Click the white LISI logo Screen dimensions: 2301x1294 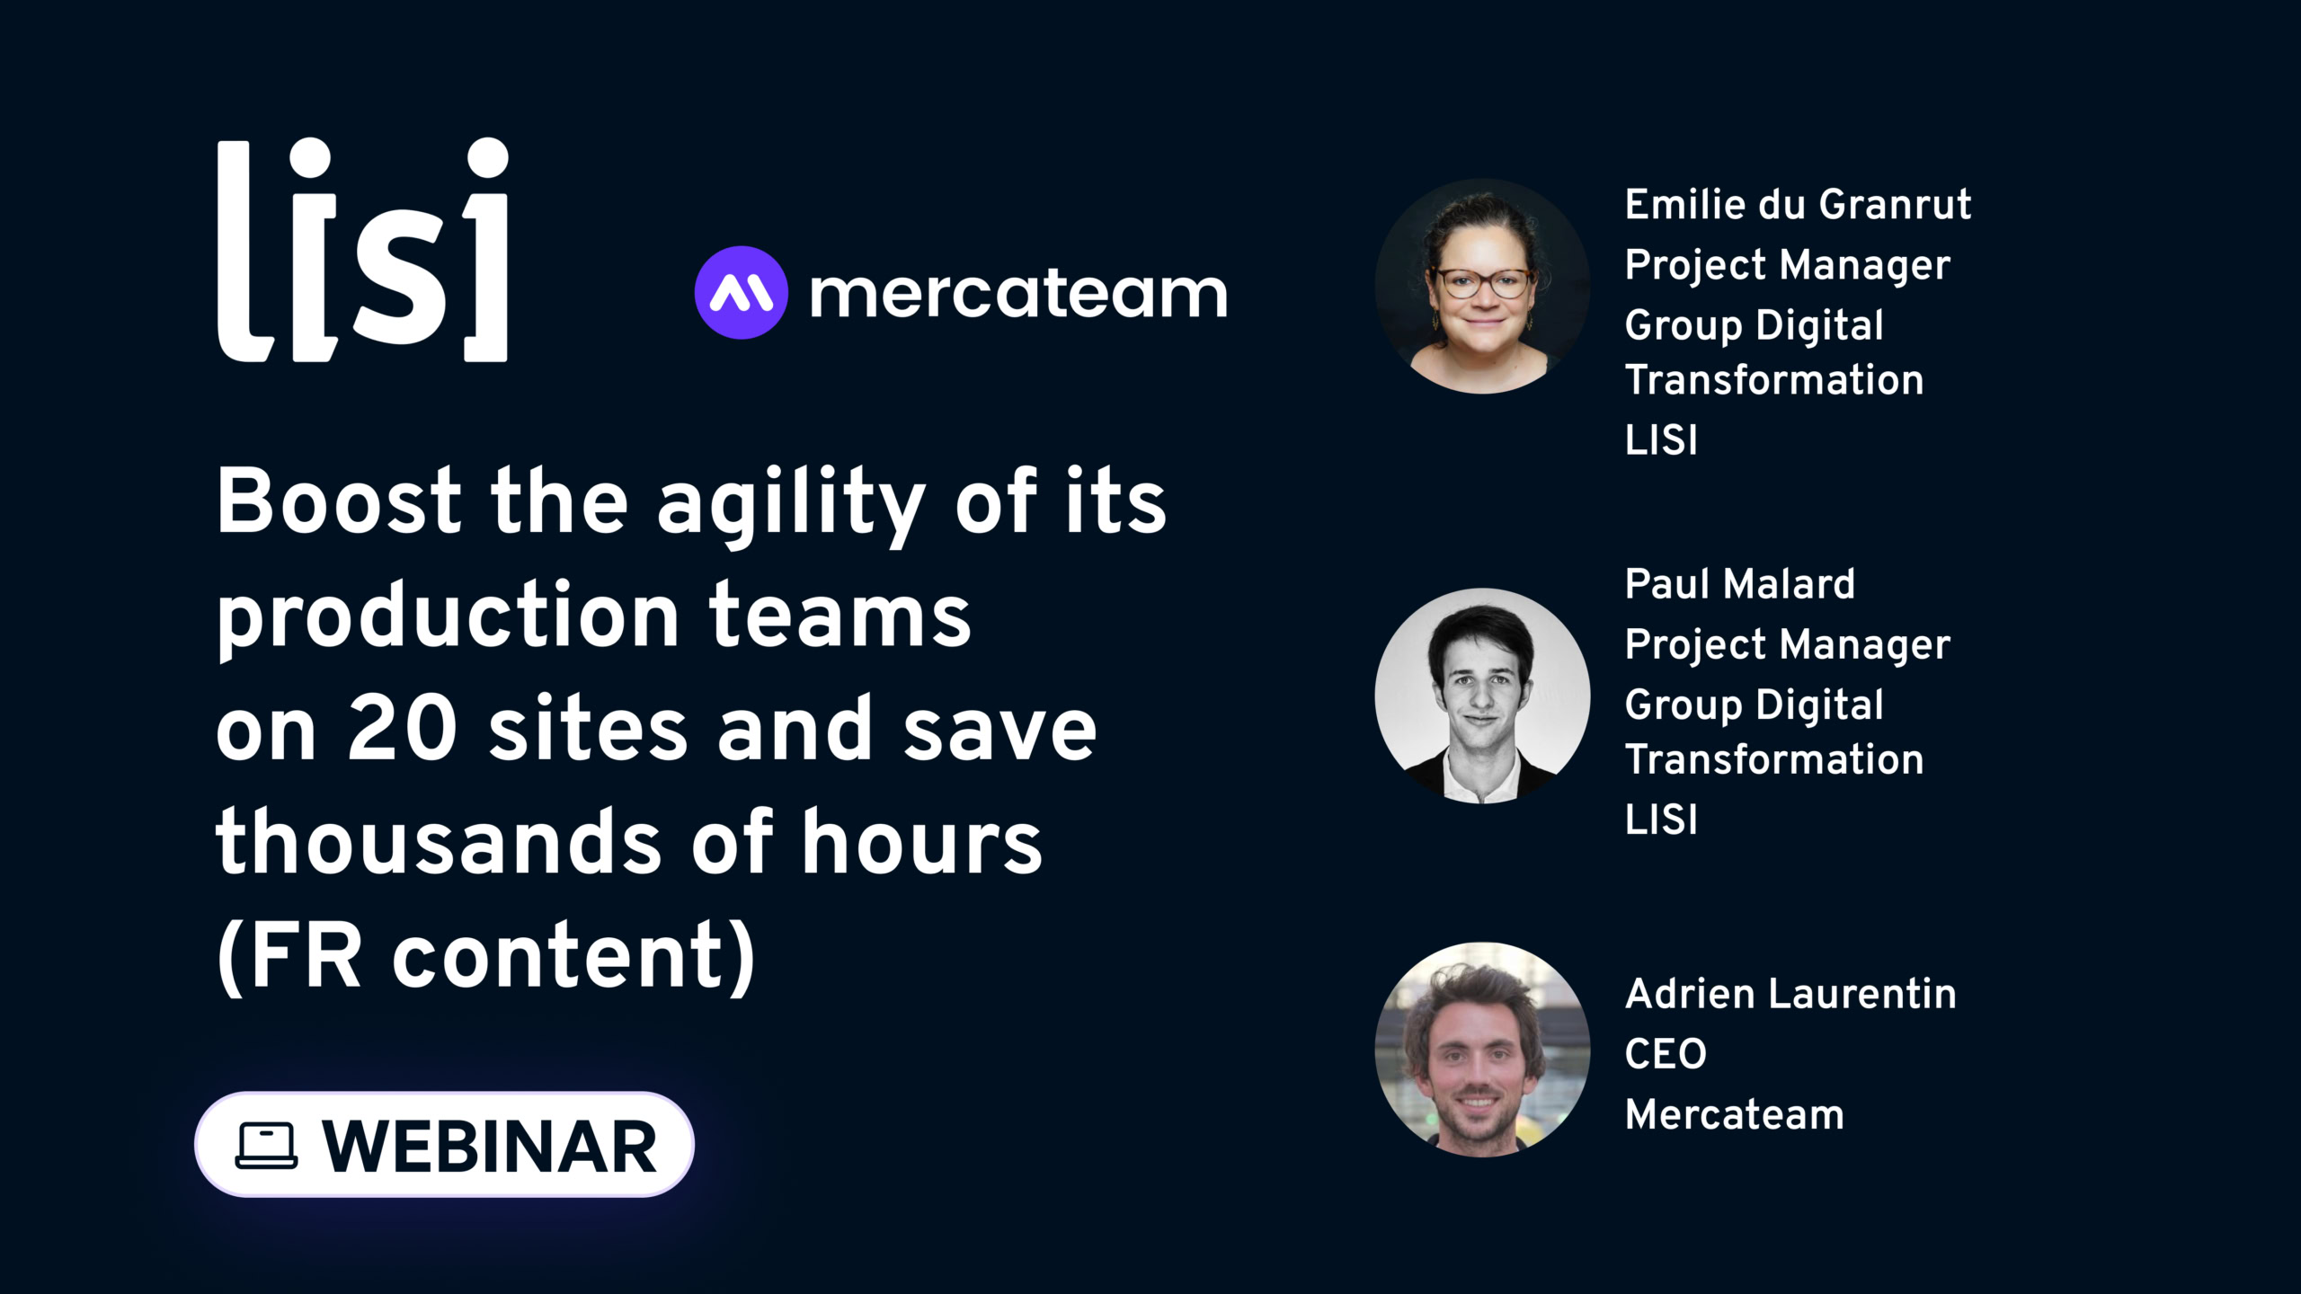click(363, 250)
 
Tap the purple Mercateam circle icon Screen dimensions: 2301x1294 click(742, 292)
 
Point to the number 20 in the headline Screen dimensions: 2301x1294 click(404, 727)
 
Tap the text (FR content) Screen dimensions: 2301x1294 click(486, 955)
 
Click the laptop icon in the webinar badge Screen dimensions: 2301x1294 click(266, 1146)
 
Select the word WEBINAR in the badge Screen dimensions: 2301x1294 click(490, 1147)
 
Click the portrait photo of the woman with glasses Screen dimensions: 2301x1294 click(1482, 286)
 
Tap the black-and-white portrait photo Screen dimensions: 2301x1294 click(1482, 696)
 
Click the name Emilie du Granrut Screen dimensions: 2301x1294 click(1798, 205)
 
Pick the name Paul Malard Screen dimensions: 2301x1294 click(1739, 584)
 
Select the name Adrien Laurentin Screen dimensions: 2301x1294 click(1790, 994)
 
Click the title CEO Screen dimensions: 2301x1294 click(1666, 1054)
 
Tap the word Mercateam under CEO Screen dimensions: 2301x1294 click(1735, 1114)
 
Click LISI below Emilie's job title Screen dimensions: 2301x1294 click(1661, 440)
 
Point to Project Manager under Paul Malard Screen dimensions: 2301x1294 click(1788, 646)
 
